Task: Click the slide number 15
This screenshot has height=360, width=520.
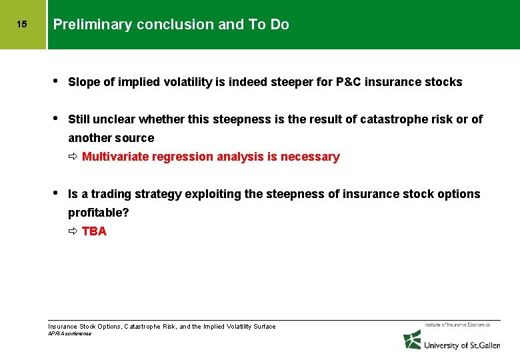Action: coord(21,25)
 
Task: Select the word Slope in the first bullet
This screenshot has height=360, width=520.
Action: coord(83,82)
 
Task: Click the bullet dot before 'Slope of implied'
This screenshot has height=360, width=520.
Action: coord(56,81)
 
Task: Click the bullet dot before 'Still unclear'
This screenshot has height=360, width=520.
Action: coord(56,119)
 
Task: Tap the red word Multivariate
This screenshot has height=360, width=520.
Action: coord(115,157)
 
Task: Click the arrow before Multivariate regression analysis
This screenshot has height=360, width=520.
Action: coord(73,157)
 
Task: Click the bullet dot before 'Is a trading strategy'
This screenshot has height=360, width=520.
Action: coord(56,193)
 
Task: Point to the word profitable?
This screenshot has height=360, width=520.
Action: coord(99,213)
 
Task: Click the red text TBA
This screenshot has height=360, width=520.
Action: coord(94,231)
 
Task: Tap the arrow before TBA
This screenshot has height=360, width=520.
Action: coord(73,231)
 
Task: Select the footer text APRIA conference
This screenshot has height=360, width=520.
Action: coord(70,333)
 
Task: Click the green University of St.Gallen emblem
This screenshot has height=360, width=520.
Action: coord(412,340)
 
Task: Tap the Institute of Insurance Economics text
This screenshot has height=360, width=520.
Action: coord(457,325)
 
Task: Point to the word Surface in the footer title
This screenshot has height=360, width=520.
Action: coord(263,327)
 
